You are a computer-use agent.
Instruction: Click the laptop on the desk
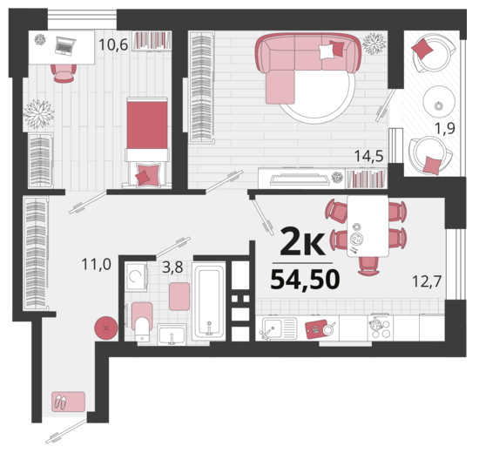tap(65, 45)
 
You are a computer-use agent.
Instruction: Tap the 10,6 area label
tap(113, 45)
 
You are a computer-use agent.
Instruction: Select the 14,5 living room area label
tap(368, 156)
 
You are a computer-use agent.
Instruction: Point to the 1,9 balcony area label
tap(445, 128)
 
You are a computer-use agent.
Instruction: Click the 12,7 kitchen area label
tap(427, 281)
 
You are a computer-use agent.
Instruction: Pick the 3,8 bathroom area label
tap(172, 267)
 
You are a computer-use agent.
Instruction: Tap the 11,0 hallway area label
tap(96, 264)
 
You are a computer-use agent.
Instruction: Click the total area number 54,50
tap(305, 279)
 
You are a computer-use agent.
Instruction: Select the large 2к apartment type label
tap(302, 242)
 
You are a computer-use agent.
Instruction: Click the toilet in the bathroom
tap(142, 322)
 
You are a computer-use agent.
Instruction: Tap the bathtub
tap(209, 301)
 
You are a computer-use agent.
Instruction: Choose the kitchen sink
tap(277, 329)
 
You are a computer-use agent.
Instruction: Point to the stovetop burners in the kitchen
tap(381, 328)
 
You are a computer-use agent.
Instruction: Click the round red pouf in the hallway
tap(106, 328)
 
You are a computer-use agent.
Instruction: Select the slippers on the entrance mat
tap(60, 402)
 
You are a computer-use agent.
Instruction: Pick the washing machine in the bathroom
tap(136, 276)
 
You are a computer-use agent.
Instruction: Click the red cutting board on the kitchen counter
tap(316, 329)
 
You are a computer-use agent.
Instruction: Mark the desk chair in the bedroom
tap(64, 73)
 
